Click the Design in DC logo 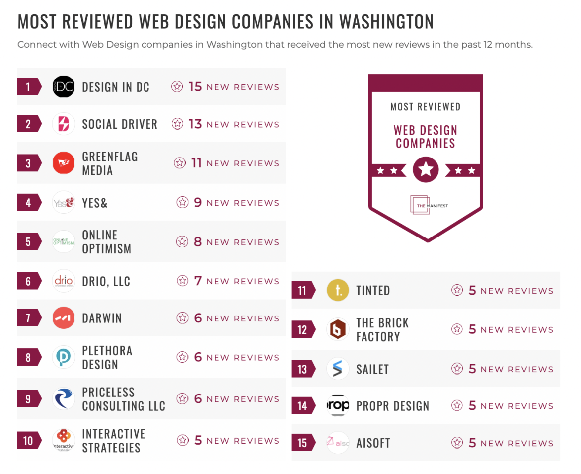(64, 87)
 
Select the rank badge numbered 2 (29, 124)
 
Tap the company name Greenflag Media (110, 163)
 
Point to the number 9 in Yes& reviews (198, 203)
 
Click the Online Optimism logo (64, 242)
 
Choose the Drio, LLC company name (106, 281)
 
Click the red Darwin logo (64, 318)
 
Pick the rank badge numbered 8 (29, 358)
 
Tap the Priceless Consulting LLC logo (64, 399)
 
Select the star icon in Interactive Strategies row (183, 441)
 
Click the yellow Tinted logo (338, 291)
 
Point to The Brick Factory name (382, 330)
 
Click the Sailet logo (338, 369)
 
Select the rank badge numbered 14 (303, 406)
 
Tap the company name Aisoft (373, 443)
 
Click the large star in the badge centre (426, 170)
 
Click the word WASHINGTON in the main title (386, 22)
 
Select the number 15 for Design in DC (195, 87)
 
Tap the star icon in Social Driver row (177, 124)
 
